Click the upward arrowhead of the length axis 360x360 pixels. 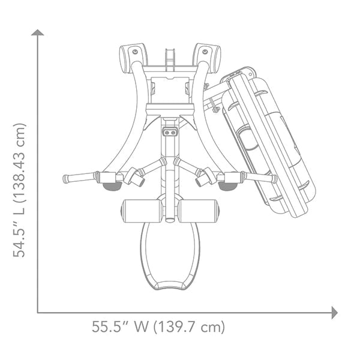click(38, 33)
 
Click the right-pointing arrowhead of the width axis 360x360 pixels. click(334, 312)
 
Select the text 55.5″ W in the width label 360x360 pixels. click(120, 328)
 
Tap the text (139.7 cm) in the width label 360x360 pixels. click(189, 328)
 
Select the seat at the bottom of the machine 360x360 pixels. click(170, 255)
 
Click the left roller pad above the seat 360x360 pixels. click(142, 211)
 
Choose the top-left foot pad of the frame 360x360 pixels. click(132, 55)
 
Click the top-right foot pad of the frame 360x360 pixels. click(208, 55)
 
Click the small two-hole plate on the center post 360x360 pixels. click(170, 131)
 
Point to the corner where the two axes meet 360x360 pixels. click(38, 312)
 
